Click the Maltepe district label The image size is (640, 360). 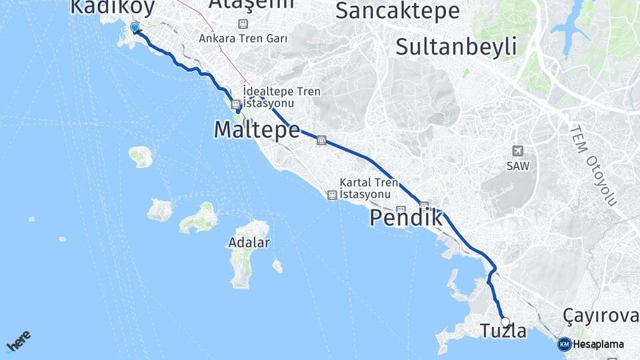click(257, 129)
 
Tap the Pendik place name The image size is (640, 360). click(406, 217)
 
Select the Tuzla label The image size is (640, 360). click(503, 331)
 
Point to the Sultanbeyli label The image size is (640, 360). click(456, 47)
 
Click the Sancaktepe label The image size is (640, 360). click(397, 11)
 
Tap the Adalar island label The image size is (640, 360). click(249, 242)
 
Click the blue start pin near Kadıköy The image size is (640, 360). click(135, 27)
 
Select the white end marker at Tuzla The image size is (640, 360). click(505, 322)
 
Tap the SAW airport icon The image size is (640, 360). click(517, 151)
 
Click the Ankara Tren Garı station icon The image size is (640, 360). click(243, 24)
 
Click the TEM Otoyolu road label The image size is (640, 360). click(593, 164)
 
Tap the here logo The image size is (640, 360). click(18, 341)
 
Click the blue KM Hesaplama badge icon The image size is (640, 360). click(564, 344)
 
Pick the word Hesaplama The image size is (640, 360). click(599, 345)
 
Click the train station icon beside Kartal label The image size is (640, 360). click(332, 195)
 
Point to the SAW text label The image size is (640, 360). click(517, 166)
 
